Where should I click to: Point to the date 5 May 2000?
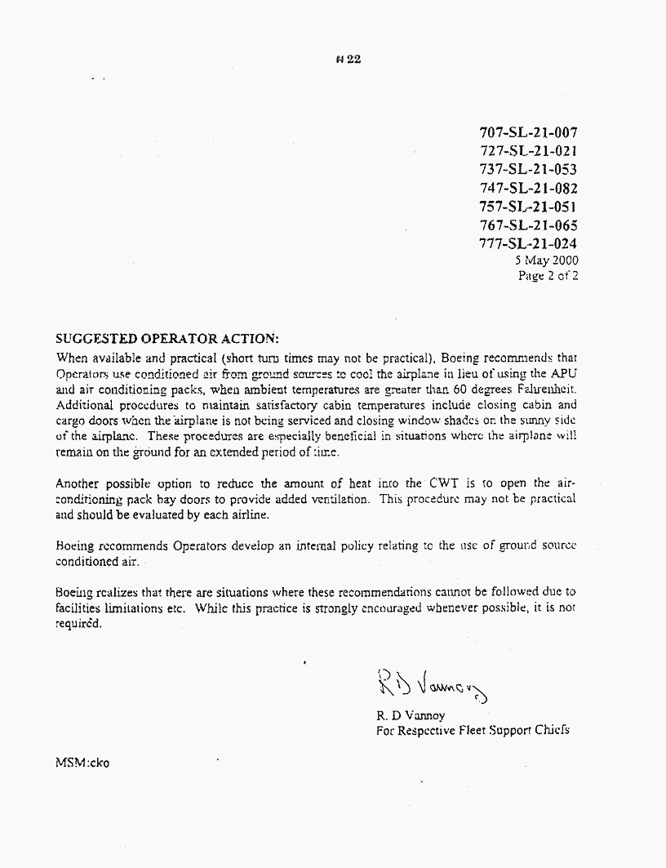546,260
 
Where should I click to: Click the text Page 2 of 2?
548,276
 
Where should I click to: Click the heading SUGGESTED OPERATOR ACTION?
166,338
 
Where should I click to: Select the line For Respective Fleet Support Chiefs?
473,730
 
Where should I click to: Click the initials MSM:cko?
82,763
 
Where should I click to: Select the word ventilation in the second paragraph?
342,499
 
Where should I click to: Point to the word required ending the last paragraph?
79,624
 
